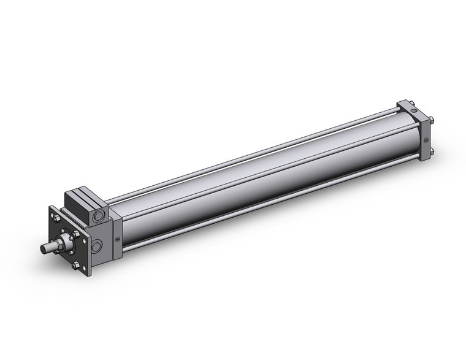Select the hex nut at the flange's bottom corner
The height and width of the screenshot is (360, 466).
point(75,266)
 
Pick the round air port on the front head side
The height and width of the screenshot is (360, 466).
point(97,247)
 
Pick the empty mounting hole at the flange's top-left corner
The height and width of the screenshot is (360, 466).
point(50,212)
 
